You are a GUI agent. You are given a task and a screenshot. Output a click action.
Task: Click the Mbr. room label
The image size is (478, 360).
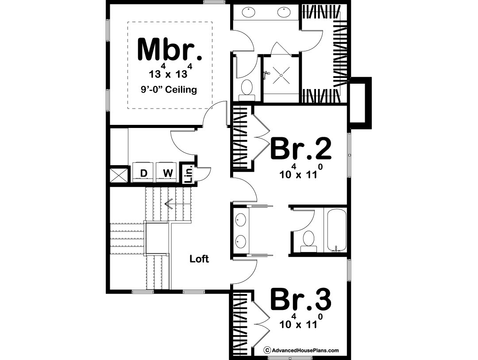170,49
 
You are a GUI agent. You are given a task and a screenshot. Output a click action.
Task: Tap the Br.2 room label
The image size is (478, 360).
301,149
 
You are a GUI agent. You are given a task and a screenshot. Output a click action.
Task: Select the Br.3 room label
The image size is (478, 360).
301,299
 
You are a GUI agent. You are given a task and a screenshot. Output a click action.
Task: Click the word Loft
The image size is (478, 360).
199,259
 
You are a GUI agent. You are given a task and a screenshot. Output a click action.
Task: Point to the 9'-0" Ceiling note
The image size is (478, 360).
169,90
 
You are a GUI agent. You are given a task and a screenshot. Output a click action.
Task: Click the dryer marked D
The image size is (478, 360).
143,172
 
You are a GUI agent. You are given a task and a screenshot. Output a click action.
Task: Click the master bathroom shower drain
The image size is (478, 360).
281,75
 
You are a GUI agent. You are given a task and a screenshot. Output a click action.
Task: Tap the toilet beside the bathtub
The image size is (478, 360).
308,241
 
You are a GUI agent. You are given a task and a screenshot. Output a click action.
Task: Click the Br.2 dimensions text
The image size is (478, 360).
301,171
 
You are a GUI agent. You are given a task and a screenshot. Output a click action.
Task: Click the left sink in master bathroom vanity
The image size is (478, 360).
249,12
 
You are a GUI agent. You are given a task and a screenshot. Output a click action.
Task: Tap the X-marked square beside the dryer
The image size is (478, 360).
119,175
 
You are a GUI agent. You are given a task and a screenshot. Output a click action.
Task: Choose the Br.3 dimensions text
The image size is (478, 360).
301,321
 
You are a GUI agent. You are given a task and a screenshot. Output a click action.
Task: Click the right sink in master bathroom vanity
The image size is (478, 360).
284,12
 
